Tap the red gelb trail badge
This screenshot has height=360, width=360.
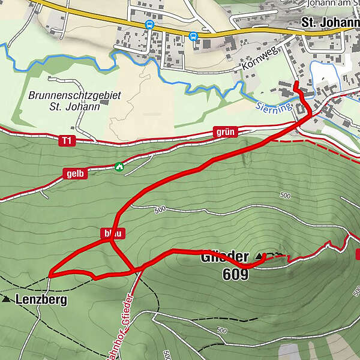pyautogui.click(x=75, y=173)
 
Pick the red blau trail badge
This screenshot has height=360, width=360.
pyautogui.click(x=109, y=232)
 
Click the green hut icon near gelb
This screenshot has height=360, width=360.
pyautogui.click(x=119, y=166)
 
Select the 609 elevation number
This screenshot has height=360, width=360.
pyautogui.click(x=234, y=274)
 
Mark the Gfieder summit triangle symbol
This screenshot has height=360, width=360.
pyautogui.click(x=259, y=256)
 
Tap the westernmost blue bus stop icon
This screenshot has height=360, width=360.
pyautogui.click(x=149, y=25)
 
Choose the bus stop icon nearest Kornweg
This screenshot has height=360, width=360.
pyautogui.click(x=193, y=36)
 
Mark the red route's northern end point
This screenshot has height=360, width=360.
pyautogui.click(x=295, y=81)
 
